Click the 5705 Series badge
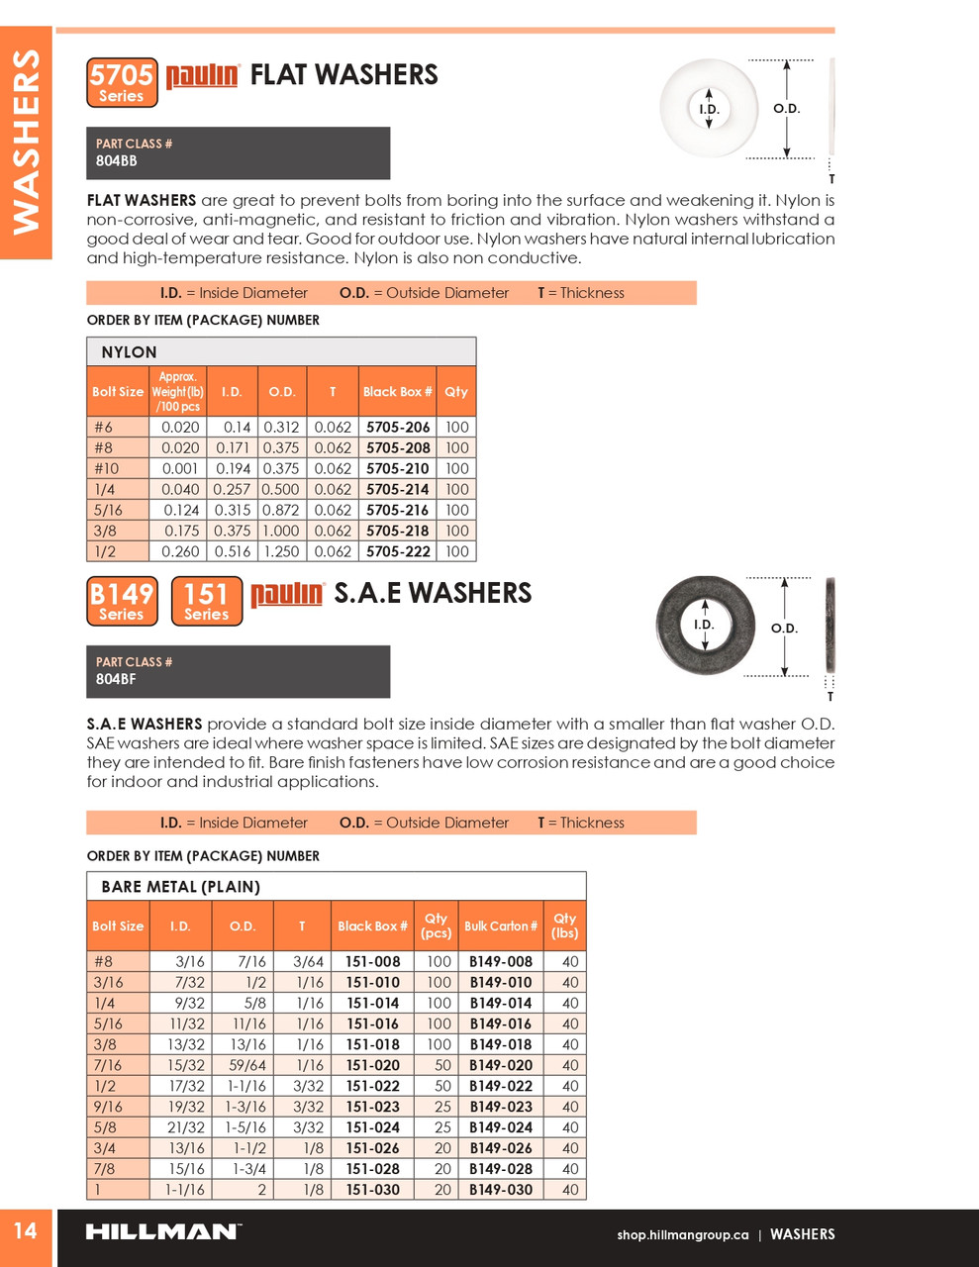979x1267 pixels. (122, 82)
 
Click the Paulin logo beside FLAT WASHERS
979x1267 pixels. (202, 75)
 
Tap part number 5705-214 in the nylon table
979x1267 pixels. (398, 489)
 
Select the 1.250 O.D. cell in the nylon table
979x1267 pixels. (282, 551)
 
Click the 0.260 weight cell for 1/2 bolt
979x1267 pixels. (180, 551)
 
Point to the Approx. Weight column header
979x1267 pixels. (177, 391)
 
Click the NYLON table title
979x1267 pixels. (129, 352)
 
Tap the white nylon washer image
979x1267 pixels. (709, 109)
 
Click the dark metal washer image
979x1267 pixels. (705, 624)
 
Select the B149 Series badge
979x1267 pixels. (122, 601)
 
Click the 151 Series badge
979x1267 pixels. (206, 601)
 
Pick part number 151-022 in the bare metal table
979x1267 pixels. (372, 1086)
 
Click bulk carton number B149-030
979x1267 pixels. (501, 1190)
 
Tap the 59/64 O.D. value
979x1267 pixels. (247, 1065)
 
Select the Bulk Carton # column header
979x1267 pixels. (501, 926)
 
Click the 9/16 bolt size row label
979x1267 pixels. (109, 1107)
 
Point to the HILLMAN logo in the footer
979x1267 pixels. (161, 1232)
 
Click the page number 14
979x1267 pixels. (25, 1230)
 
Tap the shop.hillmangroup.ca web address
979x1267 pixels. (682, 1234)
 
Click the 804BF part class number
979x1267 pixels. (116, 679)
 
